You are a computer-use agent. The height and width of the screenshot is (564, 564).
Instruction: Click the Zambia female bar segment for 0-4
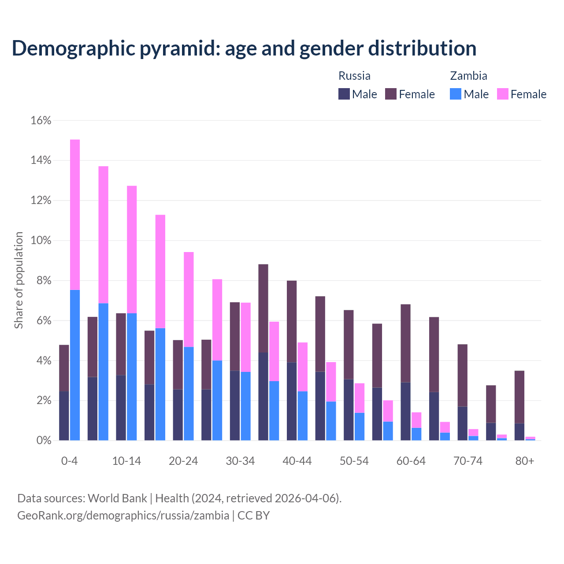click(75, 215)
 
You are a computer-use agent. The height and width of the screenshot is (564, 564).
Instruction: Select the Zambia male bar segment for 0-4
click(75, 365)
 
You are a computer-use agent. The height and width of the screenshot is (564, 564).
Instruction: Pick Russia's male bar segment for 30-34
click(235, 405)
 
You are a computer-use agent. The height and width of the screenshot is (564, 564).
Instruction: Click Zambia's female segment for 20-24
click(189, 300)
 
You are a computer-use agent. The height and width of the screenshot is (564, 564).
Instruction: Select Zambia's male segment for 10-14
click(132, 377)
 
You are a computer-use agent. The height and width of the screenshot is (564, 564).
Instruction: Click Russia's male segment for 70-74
click(463, 423)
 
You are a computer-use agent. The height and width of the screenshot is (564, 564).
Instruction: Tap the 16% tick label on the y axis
click(41, 120)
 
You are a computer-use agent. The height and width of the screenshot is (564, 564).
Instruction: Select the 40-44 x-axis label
click(297, 461)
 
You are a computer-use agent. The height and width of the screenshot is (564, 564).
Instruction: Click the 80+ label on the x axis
click(525, 461)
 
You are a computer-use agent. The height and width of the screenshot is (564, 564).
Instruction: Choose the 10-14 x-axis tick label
click(126, 461)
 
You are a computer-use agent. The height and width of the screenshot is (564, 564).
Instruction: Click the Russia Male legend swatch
click(344, 94)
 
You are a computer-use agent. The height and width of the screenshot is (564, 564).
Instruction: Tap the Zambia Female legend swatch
click(503, 94)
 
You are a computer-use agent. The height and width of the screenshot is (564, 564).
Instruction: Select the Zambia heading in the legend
click(468, 76)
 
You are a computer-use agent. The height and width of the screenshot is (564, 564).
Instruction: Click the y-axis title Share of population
click(19, 280)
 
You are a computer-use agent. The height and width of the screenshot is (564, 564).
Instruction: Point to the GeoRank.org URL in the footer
click(123, 515)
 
